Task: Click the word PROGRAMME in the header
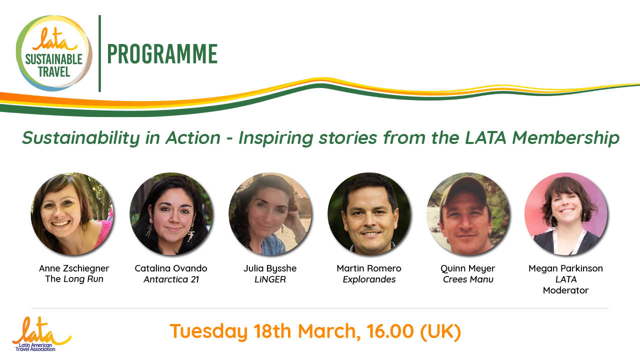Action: (162, 53)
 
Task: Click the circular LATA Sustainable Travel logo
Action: (54, 53)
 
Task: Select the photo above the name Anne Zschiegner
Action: (72, 213)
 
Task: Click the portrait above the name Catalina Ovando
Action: (171, 213)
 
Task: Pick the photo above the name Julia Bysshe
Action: (270, 213)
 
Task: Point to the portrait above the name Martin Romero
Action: (369, 213)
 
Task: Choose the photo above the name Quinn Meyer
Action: (467, 213)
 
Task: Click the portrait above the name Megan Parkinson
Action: (566, 213)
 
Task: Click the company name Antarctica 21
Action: (171, 279)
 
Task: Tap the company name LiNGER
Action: (270, 279)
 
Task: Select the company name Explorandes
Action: (369, 279)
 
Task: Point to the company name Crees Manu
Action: (468, 279)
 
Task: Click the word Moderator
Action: (565, 290)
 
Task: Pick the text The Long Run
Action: (74, 279)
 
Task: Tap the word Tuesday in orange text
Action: (208, 332)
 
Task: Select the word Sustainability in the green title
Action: (81, 138)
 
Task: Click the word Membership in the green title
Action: (565, 138)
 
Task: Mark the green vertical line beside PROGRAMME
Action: (99, 53)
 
